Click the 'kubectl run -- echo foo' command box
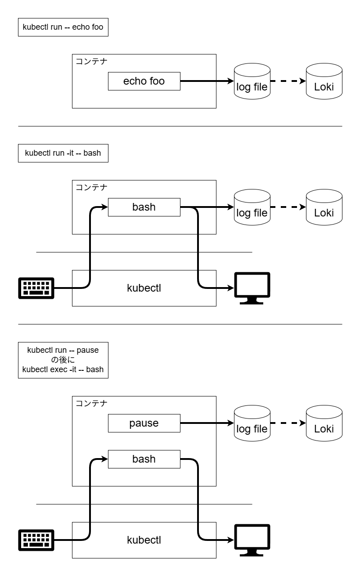(x=63, y=27)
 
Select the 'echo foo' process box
(x=144, y=81)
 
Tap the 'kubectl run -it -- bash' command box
(x=63, y=153)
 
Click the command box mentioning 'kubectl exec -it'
(x=63, y=360)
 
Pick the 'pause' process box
(x=144, y=423)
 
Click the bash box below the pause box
(x=144, y=459)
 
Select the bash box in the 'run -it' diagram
(x=144, y=207)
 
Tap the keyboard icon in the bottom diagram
(x=36, y=540)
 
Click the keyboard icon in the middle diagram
(x=36, y=288)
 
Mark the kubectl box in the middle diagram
(x=144, y=288)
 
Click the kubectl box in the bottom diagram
(x=144, y=540)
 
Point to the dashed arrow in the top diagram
(x=288, y=81)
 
